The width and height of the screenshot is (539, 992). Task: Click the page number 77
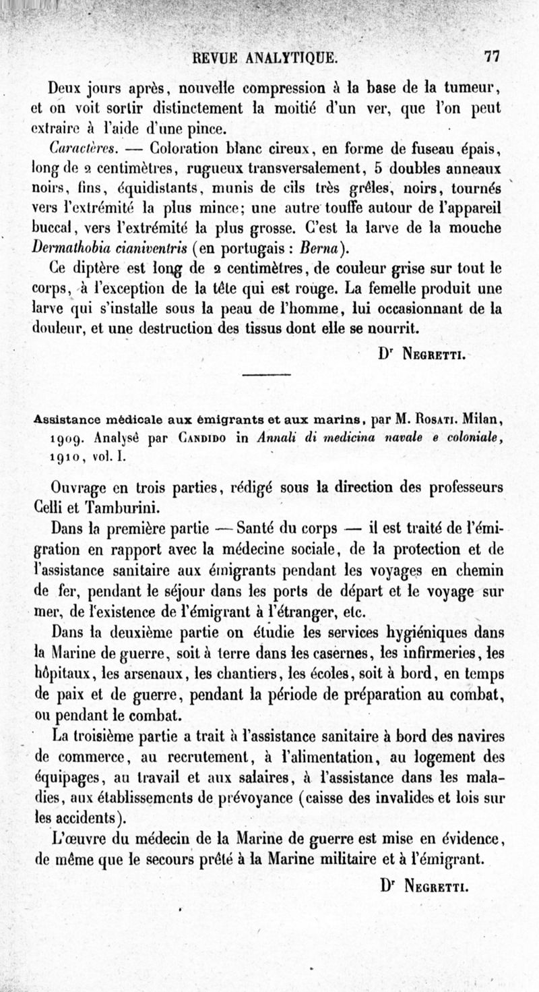click(488, 57)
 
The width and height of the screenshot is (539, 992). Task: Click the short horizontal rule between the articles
click(264, 376)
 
